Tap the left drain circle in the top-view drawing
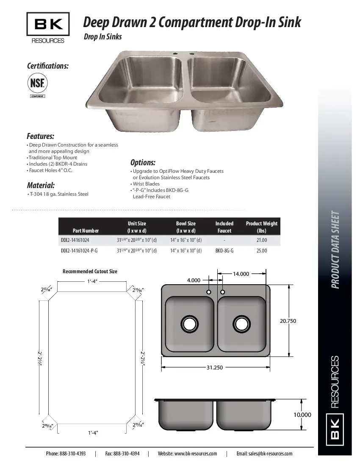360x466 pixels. [x=189, y=324]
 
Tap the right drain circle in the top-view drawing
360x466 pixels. [x=241, y=324]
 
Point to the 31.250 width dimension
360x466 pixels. [x=215, y=367]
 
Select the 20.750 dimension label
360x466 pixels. [x=288, y=321]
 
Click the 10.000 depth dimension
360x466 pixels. [x=302, y=415]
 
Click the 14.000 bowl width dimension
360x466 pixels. [x=241, y=274]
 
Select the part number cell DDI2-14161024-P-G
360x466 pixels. [x=79, y=251]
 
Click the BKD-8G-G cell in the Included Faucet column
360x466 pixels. [x=224, y=251]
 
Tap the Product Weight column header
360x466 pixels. [x=261, y=227]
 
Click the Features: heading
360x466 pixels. [x=40, y=136]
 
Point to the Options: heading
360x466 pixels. [x=143, y=163]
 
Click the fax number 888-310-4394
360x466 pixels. [x=122, y=453]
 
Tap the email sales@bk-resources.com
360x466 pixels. [x=264, y=453]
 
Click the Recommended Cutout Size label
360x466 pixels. [x=90, y=271]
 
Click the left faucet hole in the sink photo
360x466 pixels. [x=174, y=54]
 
